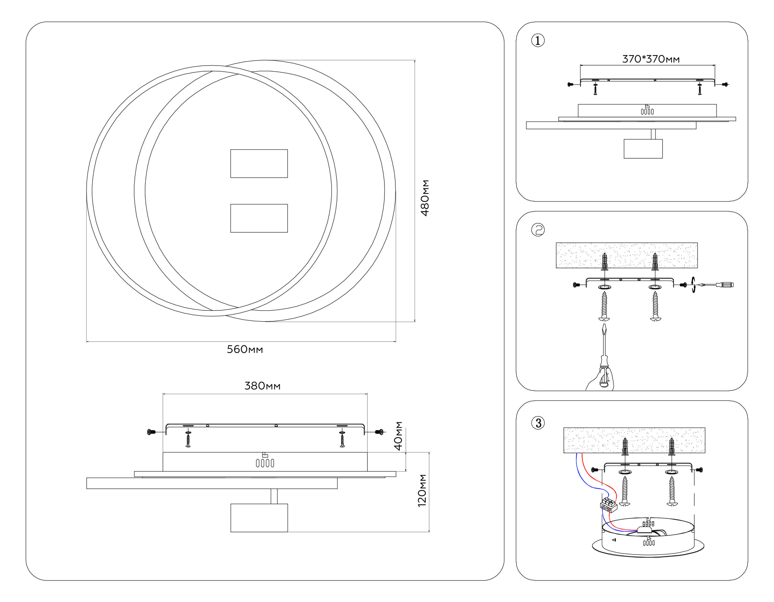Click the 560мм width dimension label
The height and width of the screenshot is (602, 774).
click(245, 350)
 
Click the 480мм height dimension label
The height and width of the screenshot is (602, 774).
click(424, 198)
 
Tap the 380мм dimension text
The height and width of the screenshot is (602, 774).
click(262, 386)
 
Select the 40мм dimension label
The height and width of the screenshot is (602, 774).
click(399, 436)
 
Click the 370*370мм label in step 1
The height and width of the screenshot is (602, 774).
click(651, 59)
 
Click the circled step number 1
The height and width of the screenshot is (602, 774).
click(538, 41)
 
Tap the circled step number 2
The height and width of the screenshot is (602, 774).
click(538, 230)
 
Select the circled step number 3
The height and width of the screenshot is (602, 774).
click(538, 423)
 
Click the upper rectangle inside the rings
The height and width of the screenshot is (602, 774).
click(259, 163)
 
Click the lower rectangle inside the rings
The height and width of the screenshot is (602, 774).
click(259, 218)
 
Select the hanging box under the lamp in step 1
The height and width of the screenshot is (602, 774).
click(643, 148)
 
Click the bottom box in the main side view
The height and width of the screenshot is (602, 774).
click(259, 518)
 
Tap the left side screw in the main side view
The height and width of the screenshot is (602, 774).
click(151, 432)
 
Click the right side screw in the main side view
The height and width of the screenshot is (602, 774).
click(379, 432)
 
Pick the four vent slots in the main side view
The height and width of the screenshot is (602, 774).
click(265, 463)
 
